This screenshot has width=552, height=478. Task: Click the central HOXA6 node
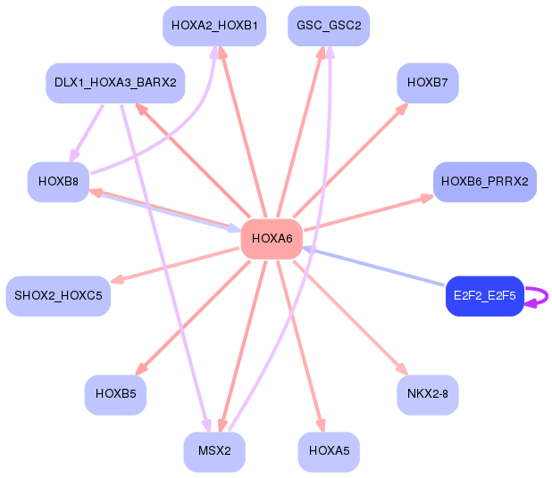[x=272, y=239]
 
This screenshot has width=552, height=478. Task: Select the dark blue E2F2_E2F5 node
[x=484, y=296]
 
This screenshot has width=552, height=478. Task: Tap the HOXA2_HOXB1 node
[x=214, y=26]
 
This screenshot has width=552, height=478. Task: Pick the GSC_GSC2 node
[x=329, y=26]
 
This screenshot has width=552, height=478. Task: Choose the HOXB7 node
[x=428, y=83]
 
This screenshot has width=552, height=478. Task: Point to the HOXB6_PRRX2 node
[x=484, y=182]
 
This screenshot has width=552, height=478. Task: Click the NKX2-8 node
[x=428, y=394]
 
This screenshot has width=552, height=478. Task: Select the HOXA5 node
[x=329, y=452]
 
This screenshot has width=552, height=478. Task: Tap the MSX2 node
[x=214, y=452]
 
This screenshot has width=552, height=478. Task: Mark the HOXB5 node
[x=115, y=394]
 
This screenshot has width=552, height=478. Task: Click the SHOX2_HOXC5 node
[x=58, y=296]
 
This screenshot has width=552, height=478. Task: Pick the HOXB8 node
[x=58, y=182]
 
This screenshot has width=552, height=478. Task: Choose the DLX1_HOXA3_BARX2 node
[x=115, y=83]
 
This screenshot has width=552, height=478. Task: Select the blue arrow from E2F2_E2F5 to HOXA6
[x=375, y=267]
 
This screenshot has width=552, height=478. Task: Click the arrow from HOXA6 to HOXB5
[x=192, y=317]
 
